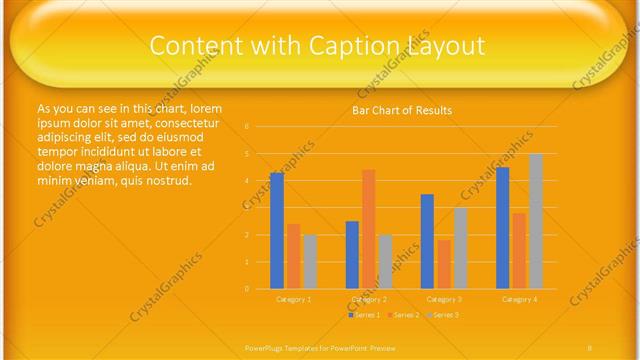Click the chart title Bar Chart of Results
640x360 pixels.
coord(402,110)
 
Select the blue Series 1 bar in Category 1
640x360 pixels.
coord(277,230)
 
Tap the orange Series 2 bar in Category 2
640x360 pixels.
coord(369,229)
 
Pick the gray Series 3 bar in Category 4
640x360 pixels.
coord(536,221)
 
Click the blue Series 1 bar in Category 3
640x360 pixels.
coord(427,241)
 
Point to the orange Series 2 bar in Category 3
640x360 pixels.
coord(444,264)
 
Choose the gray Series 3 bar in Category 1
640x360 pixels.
coord(310,262)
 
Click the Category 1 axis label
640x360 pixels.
coord(294,299)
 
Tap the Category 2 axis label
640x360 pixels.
coord(369,299)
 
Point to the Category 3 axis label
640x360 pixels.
coord(444,299)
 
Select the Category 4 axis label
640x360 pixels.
coord(519,299)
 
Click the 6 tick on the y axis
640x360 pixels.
coord(247,127)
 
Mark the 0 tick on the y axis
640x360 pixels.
coord(247,289)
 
